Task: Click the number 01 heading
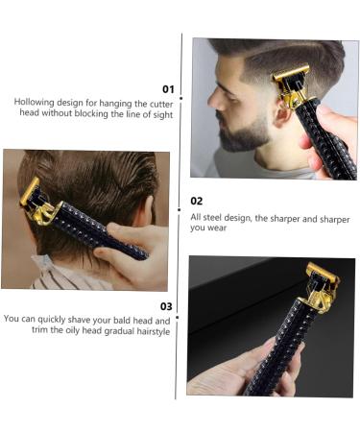pos(168,87)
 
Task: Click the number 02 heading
pos(197,202)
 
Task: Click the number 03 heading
pos(166,306)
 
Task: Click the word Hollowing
pos(33,101)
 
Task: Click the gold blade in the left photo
pos(32,191)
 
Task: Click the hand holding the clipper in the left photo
pos(134,252)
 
